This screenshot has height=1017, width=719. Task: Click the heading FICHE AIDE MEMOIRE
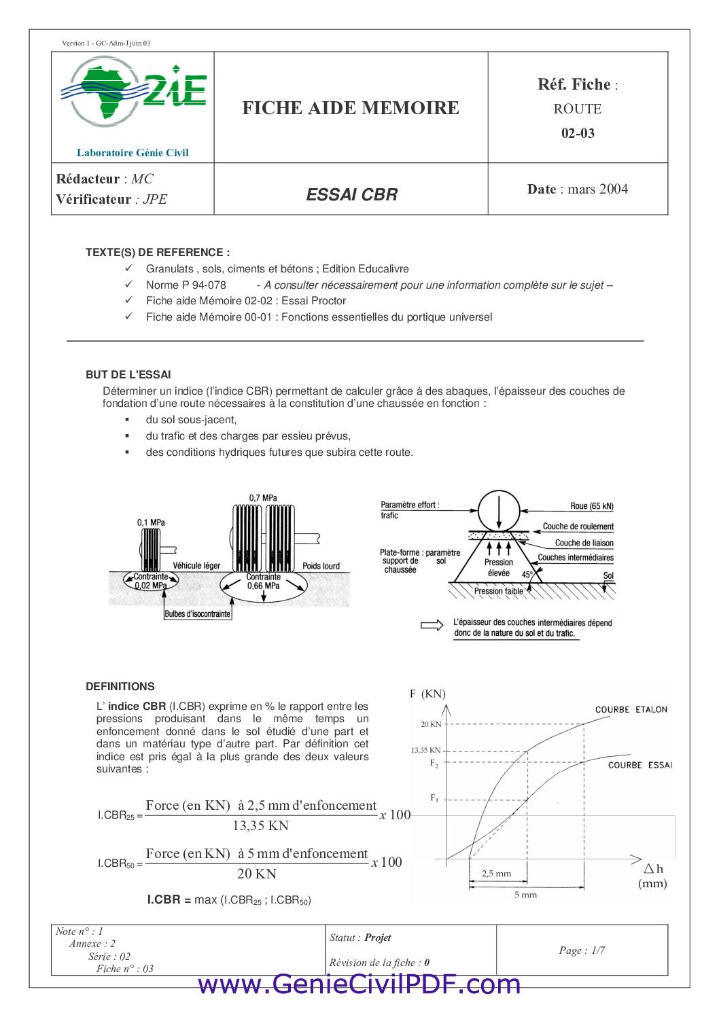[351, 108]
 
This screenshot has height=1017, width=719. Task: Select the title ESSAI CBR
[351, 195]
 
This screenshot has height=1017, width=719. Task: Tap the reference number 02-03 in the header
[578, 133]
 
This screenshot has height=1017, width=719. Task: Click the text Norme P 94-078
[186, 285]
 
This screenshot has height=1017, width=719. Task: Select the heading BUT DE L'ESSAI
[128, 374]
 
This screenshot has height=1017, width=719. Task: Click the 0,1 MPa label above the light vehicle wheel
[151, 522]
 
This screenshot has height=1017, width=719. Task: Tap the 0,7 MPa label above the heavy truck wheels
[263, 497]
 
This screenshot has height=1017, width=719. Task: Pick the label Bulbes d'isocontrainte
[198, 614]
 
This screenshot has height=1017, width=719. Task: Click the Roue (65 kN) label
[591, 506]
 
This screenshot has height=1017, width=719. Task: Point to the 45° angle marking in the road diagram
[527, 575]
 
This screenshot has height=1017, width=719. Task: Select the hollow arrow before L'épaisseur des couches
[432, 625]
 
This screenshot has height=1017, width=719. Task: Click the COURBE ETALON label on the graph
[631, 709]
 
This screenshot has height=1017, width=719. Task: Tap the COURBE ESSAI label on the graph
[639, 765]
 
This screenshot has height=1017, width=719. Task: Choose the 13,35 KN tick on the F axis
[425, 750]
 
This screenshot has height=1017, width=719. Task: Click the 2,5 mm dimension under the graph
[496, 874]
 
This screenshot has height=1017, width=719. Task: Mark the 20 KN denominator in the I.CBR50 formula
[256, 874]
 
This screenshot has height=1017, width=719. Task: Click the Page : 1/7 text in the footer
[582, 950]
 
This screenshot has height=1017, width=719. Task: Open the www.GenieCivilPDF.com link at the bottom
[359, 984]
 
